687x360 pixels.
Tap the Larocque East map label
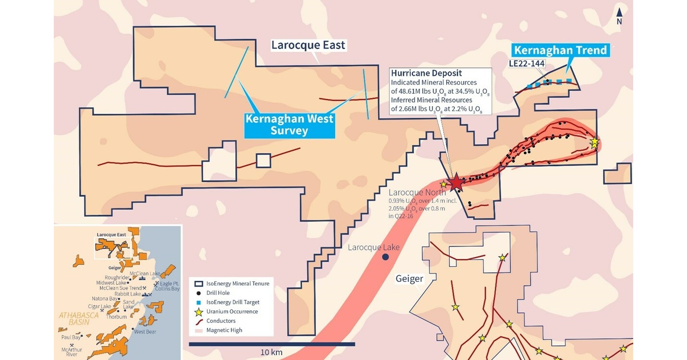(x=308, y=45)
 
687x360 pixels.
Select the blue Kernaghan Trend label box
(x=560, y=50)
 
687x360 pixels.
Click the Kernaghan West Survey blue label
(x=289, y=124)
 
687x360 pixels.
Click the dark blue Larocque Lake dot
(x=385, y=257)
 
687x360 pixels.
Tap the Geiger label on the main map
(x=409, y=279)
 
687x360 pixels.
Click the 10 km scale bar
(x=271, y=344)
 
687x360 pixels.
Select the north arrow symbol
(x=619, y=16)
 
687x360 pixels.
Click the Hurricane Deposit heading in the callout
(x=426, y=74)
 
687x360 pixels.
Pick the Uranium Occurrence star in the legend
(x=197, y=311)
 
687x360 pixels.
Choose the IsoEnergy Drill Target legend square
(x=197, y=302)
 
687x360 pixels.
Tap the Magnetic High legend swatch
(x=197, y=330)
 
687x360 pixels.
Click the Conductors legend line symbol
(x=197, y=321)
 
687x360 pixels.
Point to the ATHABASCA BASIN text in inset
(x=79, y=318)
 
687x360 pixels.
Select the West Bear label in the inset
(x=145, y=332)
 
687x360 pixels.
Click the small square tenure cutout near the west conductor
(x=263, y=161)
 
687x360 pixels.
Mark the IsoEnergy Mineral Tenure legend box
(x=197, y=284)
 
